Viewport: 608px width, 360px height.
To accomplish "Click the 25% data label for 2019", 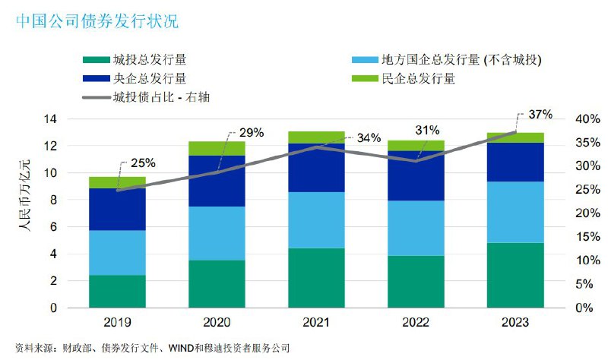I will pyautogui.click(x=143, y=163).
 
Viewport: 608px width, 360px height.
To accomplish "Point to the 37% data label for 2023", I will pyautogui.click(x=539, y=115).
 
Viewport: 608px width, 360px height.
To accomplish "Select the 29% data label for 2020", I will pyautogui.click(x=251, y=133).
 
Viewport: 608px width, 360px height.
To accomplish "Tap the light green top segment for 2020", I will pyautogui.click(x=217, y=148).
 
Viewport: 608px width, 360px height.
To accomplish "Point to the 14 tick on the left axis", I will pyautogui.click(x=52, y=119).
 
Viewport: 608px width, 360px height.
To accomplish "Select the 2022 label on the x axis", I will pyautogui.click(x=416, y=321).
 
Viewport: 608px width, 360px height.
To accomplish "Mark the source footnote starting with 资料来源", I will pyautogui.click(x=152, y=348).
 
